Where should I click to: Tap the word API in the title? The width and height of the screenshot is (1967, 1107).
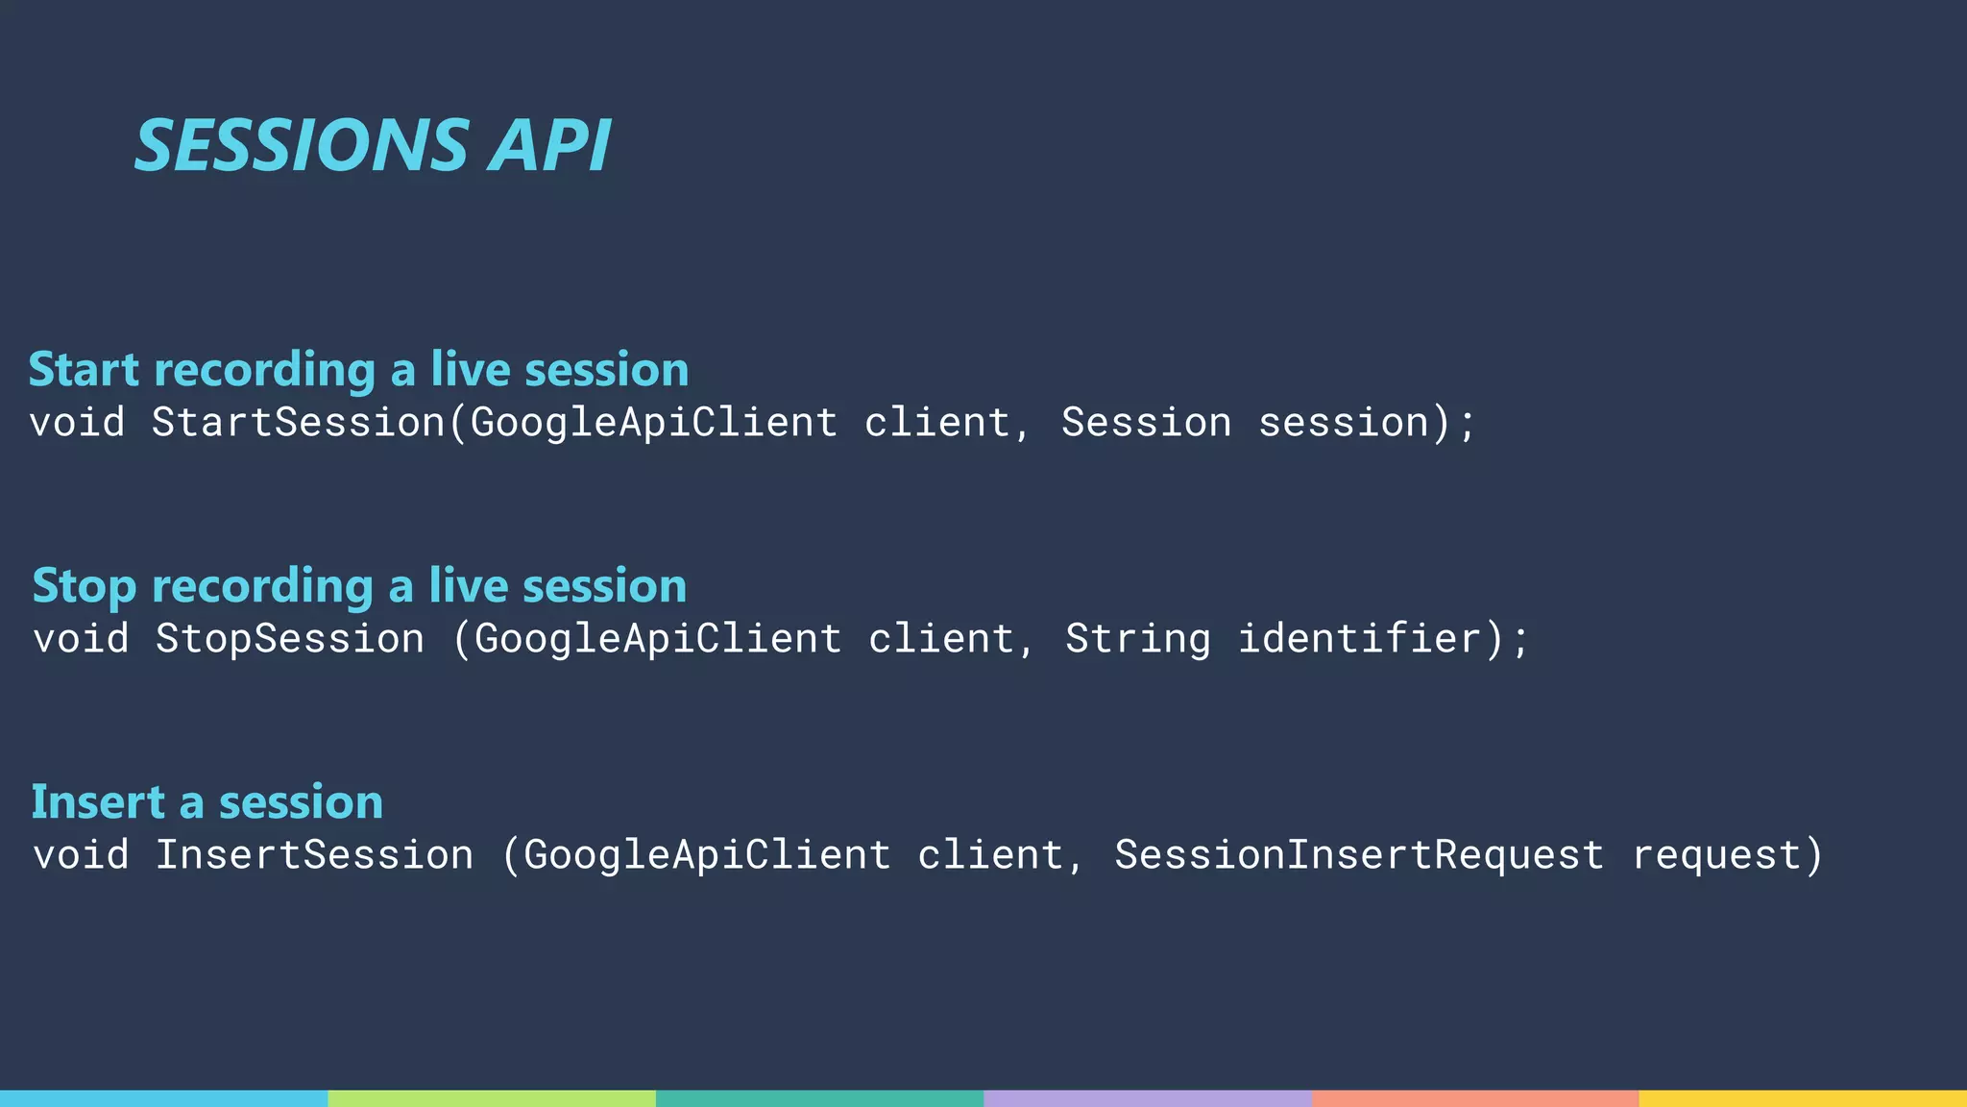click(x=549, y=146)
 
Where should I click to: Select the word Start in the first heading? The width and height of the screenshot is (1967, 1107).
click(x=84, y=370)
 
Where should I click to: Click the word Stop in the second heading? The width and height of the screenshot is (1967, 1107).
click(x=84, y=586)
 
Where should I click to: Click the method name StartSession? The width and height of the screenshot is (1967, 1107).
click(x=298, y=423)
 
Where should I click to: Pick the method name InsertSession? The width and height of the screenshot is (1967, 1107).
click(x=314, y=855)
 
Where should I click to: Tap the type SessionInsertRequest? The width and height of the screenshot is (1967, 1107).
click(x=1359, y=855)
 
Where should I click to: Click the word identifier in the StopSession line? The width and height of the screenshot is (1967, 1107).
click(x=1360, y=639)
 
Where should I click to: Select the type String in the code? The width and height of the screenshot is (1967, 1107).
click(x=1138, y=639)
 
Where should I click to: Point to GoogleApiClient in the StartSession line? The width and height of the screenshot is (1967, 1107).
click(x=654, y=423)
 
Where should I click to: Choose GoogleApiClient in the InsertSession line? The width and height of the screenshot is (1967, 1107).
click(x=707, y=855)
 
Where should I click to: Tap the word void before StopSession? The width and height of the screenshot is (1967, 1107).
click(x=81, y=639)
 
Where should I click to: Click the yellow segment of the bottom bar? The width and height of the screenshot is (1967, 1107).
click(x=1803, y=1098)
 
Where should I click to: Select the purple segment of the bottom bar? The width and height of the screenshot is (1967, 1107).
click(x=1148, y=1098)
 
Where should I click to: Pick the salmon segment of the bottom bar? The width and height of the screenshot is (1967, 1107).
click(x=1475, y=1098)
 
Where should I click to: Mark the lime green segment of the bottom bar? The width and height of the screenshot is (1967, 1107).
click(x=492, y=1098)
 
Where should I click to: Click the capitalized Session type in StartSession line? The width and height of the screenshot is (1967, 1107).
click(x=1146, y=423)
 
